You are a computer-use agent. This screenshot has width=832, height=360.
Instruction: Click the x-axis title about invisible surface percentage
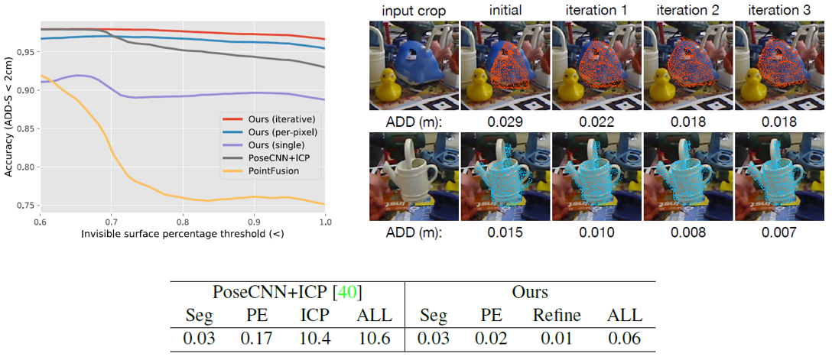(x=183, y=232)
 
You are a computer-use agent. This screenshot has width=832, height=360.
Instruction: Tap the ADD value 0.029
(x=505, y=122)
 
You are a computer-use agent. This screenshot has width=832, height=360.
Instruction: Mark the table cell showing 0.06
(x=624, y=337)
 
